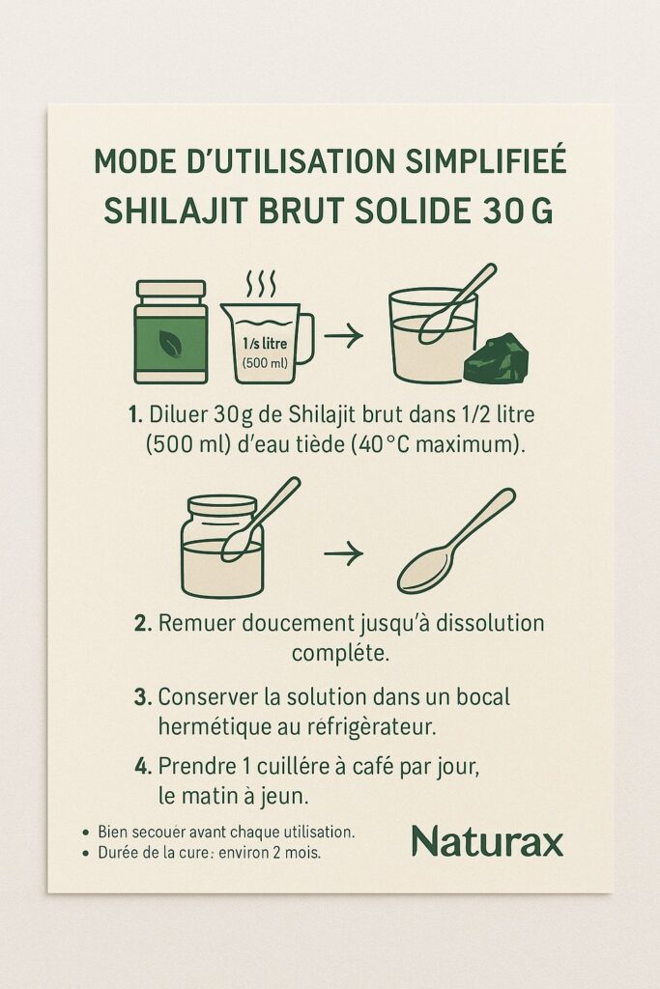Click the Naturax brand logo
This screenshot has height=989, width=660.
coord(487,842)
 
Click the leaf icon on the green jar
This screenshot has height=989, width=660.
coord(170,344)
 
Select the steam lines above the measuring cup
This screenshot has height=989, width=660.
coord(260,285)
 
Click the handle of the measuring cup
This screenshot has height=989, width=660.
coord(305,339)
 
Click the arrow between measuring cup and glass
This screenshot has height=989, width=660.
coord(343,335)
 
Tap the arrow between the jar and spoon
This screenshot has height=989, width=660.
coord(343,553)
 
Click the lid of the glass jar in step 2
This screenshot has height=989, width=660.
coord(222,506)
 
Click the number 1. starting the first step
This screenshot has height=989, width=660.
coord(134,415)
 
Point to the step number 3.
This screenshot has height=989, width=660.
coord(143,697)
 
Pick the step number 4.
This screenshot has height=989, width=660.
coord(143,767)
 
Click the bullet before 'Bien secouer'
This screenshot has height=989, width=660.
coord(86,833)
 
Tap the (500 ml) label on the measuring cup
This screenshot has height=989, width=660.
coord(265,363)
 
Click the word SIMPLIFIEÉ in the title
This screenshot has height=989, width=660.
coord(485,161)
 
